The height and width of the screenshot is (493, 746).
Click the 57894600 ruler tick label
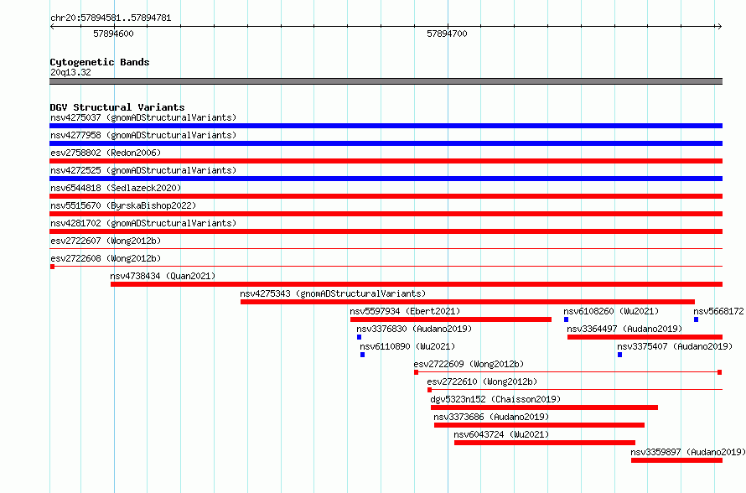(x=113, y=34)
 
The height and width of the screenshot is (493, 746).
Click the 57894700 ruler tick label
(x=447, y=34)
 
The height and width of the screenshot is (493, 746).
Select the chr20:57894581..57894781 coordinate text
(x=111, y=18)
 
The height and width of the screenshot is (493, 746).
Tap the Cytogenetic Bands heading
(x=100, y=62)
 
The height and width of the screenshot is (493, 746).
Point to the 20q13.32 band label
(x=70, y=72)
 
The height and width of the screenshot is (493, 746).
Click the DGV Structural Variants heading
(x=117, y=107)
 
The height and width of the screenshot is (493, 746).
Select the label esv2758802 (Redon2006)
(x=106, y=153)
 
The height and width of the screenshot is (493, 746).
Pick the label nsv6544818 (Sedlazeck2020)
(x=116, y=188)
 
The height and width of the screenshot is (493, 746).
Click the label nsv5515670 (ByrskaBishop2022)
(x=123, y=205)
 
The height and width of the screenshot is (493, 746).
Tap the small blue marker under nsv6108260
(x=566, y=319)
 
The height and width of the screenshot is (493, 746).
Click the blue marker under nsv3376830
(x=360, y=337)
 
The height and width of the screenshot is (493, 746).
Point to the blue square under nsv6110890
(x=363, y=355)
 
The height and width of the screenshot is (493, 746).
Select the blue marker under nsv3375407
(x=620, y=355)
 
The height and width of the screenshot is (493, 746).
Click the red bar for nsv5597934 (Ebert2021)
(x=451, y=319)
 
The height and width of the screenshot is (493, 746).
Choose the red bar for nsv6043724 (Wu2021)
(x=545, y=443)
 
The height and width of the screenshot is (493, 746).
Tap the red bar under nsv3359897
(x=676, y=460)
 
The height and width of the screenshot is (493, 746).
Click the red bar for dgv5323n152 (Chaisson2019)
(x=544, y=407)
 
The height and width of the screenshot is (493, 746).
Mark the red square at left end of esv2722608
(x=52, y=267)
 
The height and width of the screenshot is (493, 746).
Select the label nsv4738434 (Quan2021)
(x=163, y=276)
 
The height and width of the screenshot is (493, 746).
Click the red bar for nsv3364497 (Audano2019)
(x=645, y=337)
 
